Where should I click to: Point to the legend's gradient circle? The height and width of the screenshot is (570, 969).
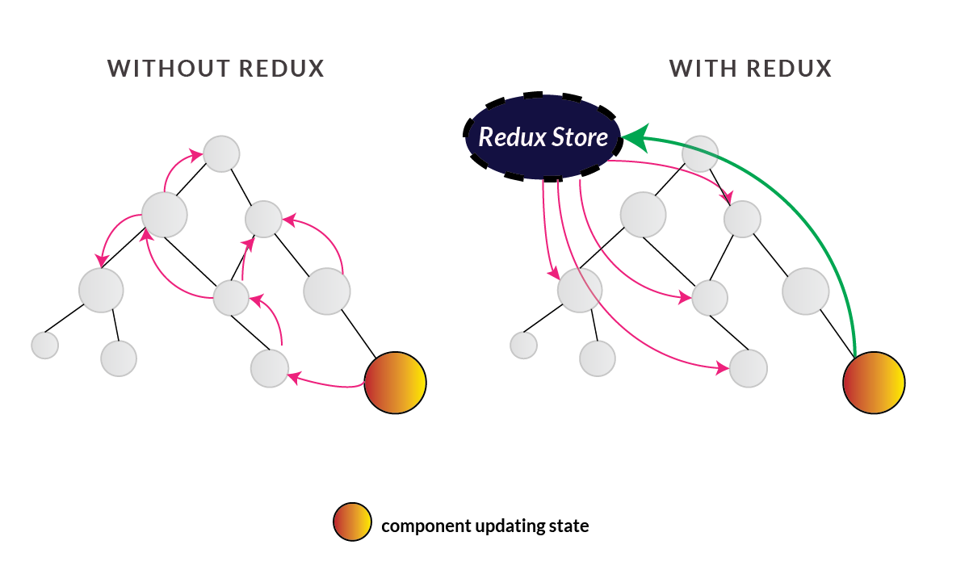[351, 523]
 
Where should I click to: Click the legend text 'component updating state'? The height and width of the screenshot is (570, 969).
[484, 526]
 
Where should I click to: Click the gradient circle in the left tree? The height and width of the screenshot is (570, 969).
[395, 383]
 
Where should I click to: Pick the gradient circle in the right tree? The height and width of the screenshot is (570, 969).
[874, 383]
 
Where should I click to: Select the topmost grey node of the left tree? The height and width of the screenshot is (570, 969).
[221, 153]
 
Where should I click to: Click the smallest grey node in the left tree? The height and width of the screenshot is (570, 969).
[45, 345]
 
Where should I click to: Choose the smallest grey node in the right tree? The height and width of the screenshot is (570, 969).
[524, 346]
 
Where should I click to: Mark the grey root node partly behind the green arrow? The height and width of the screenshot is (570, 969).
[700, 153]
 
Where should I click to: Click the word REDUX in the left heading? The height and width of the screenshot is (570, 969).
[282, 69]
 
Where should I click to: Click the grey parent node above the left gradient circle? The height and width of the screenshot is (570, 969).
[327, 291]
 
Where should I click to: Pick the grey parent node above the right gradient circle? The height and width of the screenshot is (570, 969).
[805, 291]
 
